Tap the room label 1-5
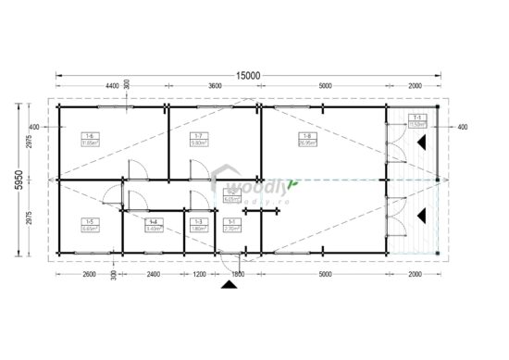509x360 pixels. click(89, 223)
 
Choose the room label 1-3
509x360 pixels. click(197, 223)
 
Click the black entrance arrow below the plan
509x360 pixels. click(225, 287)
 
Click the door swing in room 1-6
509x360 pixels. click(134, 168)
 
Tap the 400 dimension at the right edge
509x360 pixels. click(463, 127)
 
